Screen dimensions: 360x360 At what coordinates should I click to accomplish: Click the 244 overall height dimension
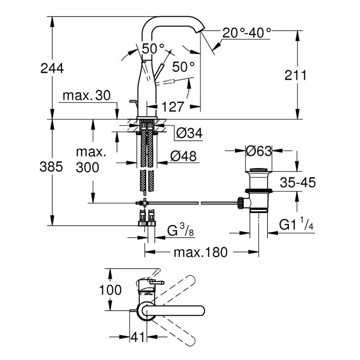point(52,68)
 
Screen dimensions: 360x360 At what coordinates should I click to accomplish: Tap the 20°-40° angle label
point(246,32)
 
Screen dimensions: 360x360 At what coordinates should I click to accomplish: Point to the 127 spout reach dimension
point(171,107)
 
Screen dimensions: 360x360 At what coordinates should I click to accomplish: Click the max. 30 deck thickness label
point(86,96)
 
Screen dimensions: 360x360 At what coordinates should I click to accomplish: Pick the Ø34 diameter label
point(189,134)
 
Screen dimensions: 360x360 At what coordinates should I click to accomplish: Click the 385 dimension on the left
point(51,167)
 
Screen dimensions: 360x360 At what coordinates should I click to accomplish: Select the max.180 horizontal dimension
point(201,252)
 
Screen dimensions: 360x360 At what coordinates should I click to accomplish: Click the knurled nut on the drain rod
point(240,202)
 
